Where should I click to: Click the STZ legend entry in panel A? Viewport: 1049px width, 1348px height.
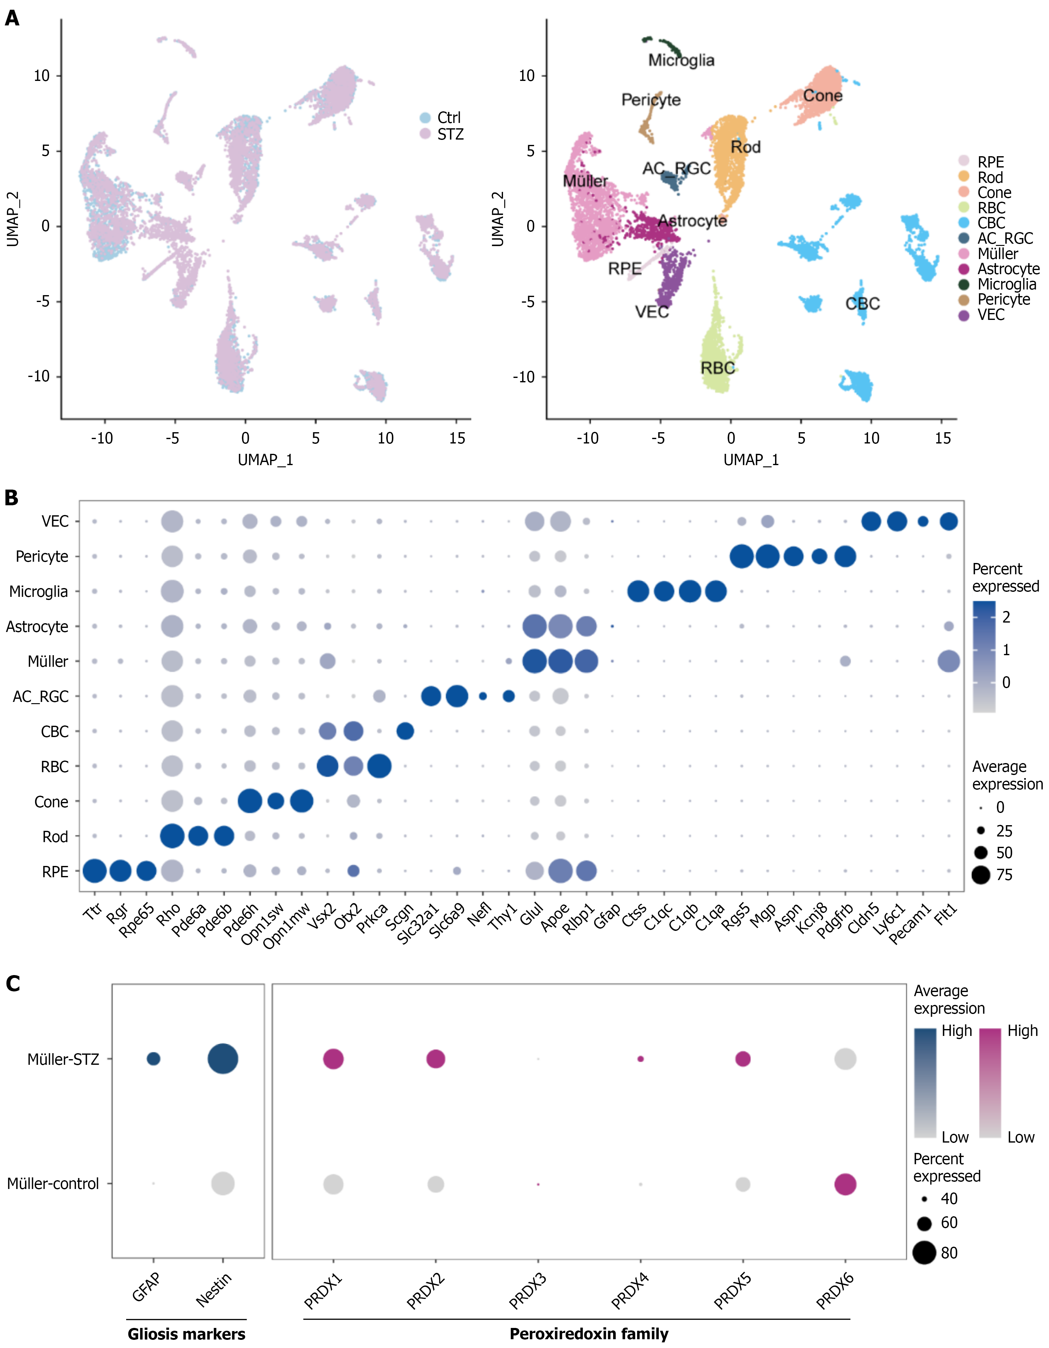click(x=449, y=135)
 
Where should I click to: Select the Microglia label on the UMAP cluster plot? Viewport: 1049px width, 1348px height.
click(x=681, y=61)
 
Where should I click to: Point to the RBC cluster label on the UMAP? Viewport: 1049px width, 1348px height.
click(x=717, y=369)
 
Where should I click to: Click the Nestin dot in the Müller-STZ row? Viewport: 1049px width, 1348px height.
click(x=223, y=1059)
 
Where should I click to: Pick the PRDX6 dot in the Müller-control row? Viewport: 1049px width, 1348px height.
click(x=845, y=1184)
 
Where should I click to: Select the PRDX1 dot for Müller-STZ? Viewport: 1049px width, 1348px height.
click(x=334, y=1059)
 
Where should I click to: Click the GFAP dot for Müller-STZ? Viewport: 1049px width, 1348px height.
click(x=153, y=1059)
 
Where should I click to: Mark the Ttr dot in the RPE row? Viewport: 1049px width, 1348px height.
click(x=94, y=872)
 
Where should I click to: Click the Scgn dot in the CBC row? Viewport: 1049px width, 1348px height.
click(x=405, y=731)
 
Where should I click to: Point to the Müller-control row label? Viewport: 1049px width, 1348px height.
click(x=53, y=1184)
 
